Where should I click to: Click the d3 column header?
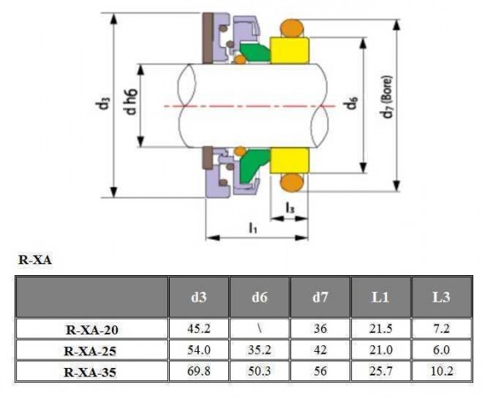[198, 298]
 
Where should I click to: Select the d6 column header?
[259, 298]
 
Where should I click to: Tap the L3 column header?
[443, 298]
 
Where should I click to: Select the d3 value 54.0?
[198, 350]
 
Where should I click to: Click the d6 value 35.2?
[259, 350]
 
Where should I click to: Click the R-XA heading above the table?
[35, 260]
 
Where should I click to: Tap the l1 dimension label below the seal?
[253, 227]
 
